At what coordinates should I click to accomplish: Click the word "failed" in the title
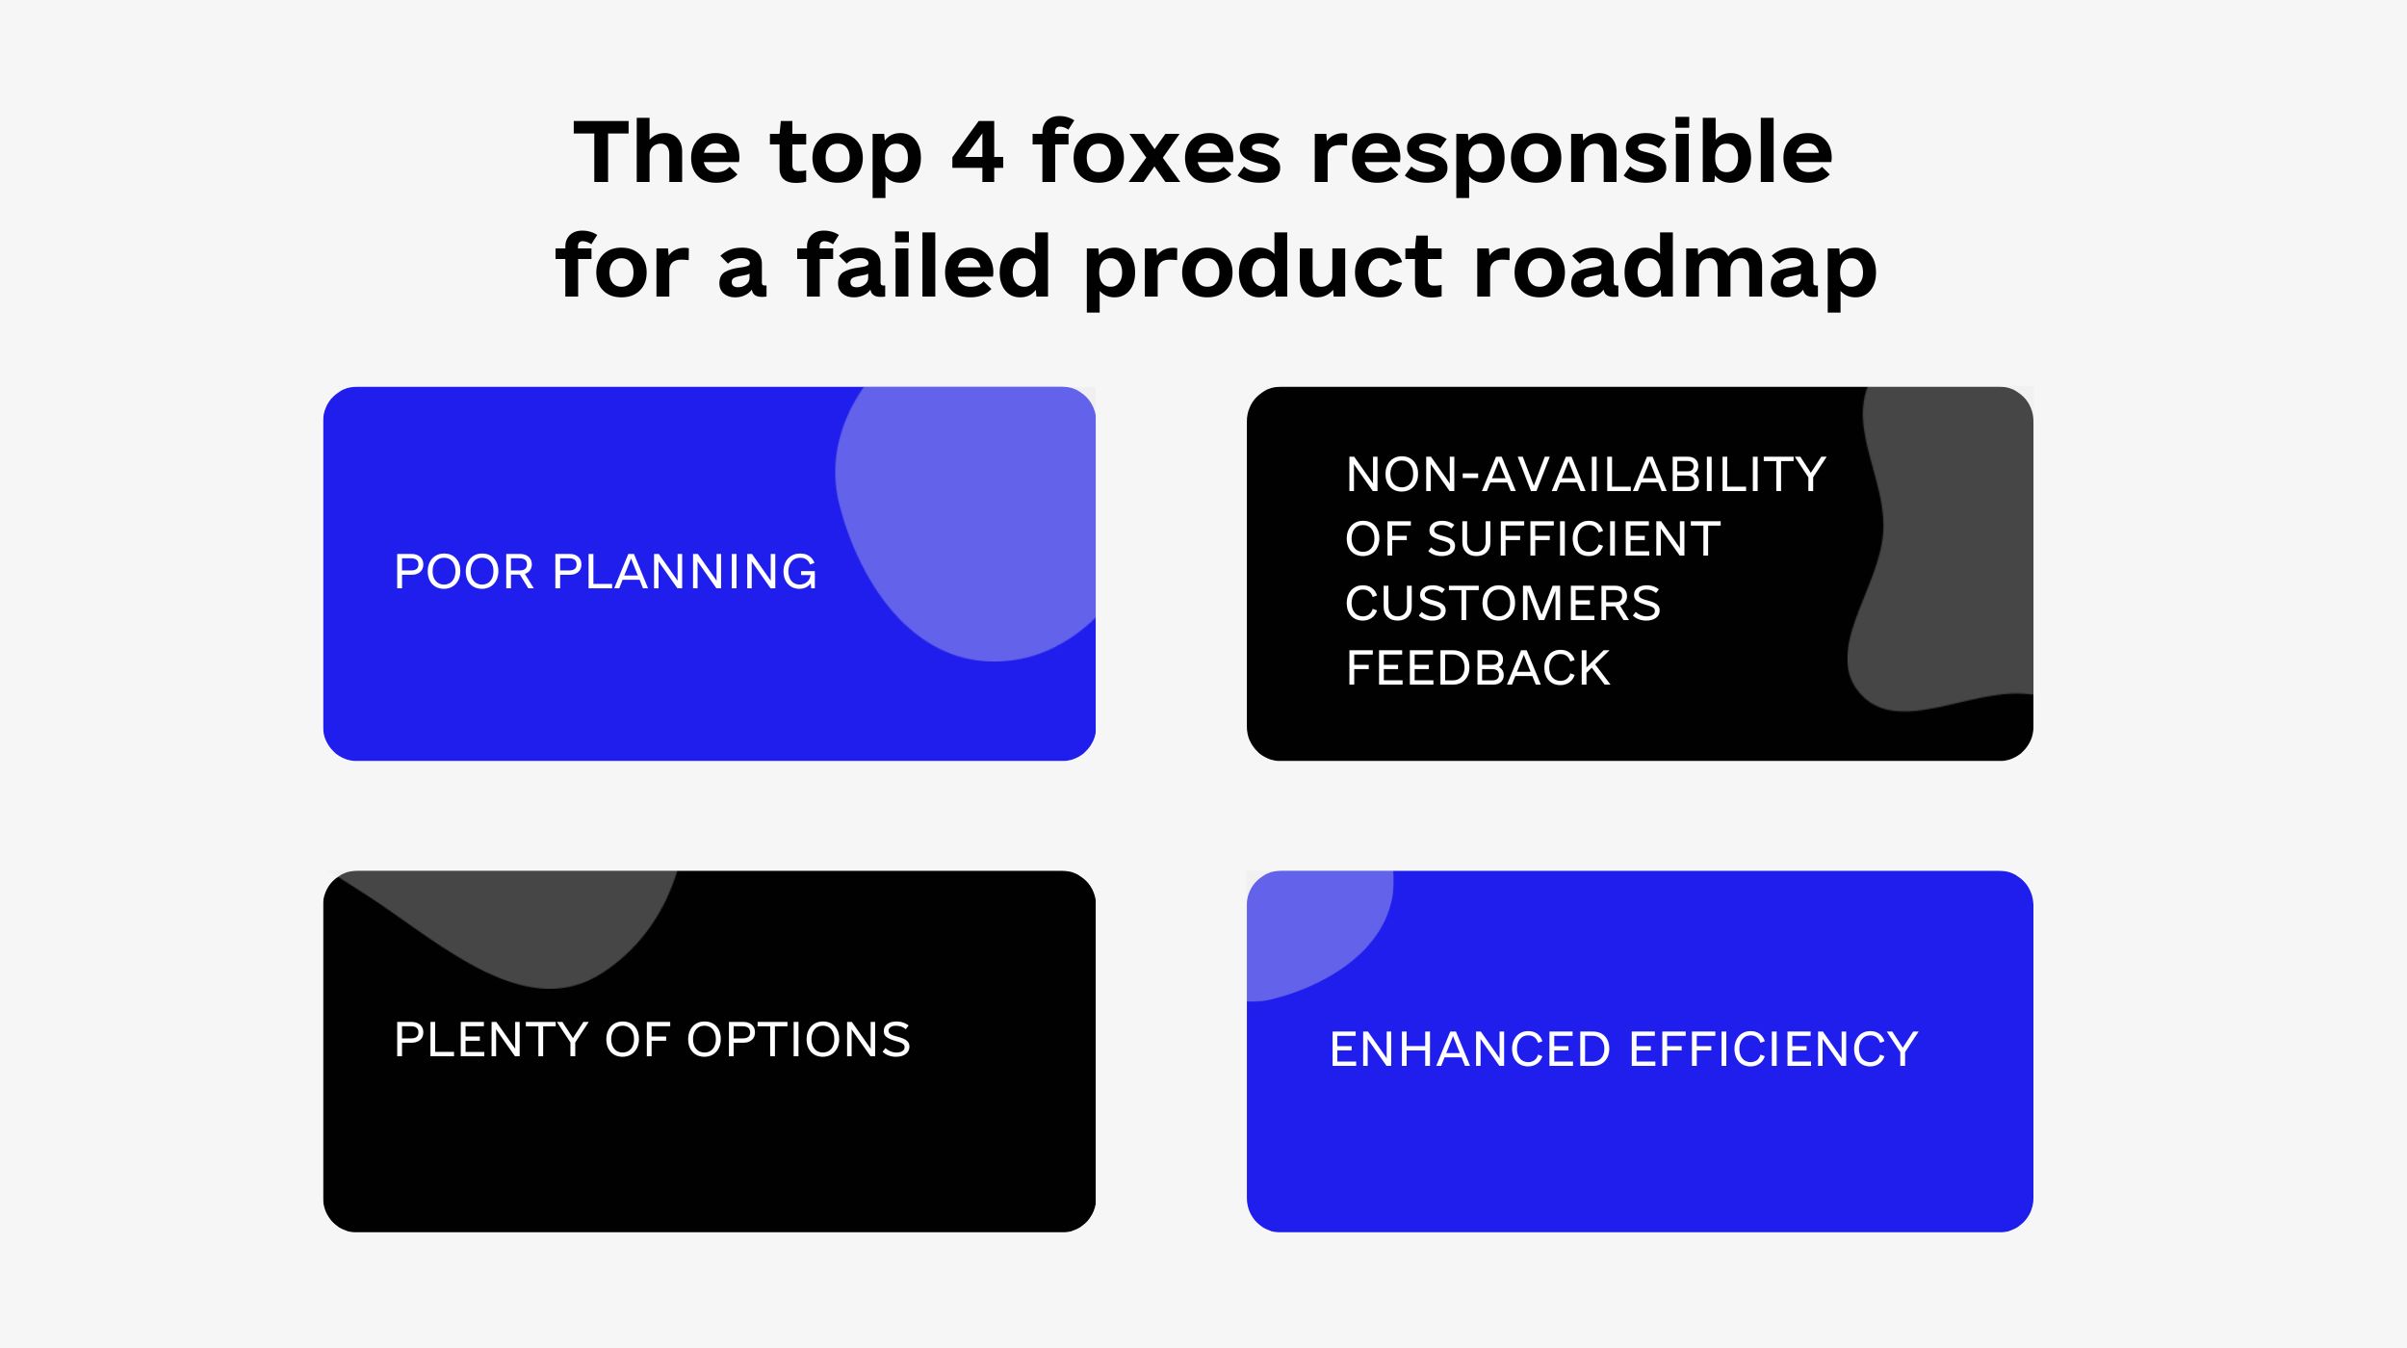coord(924,265)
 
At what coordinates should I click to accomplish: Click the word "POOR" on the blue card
coord(464,572)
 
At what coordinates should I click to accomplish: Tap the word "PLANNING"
coord(685,572)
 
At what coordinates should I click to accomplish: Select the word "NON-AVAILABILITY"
coord(1586,475)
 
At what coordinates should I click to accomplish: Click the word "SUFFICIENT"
coord(1573,539)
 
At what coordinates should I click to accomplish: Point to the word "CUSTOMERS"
coord(1503,604)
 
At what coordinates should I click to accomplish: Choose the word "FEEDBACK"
coord(1478,668)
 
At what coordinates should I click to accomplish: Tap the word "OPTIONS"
coord(798,1040)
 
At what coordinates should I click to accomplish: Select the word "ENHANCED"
coord(1470,1050)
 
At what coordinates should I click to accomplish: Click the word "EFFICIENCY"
coord(1773,1050)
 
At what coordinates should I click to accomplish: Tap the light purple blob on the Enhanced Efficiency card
coord(1314,929)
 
